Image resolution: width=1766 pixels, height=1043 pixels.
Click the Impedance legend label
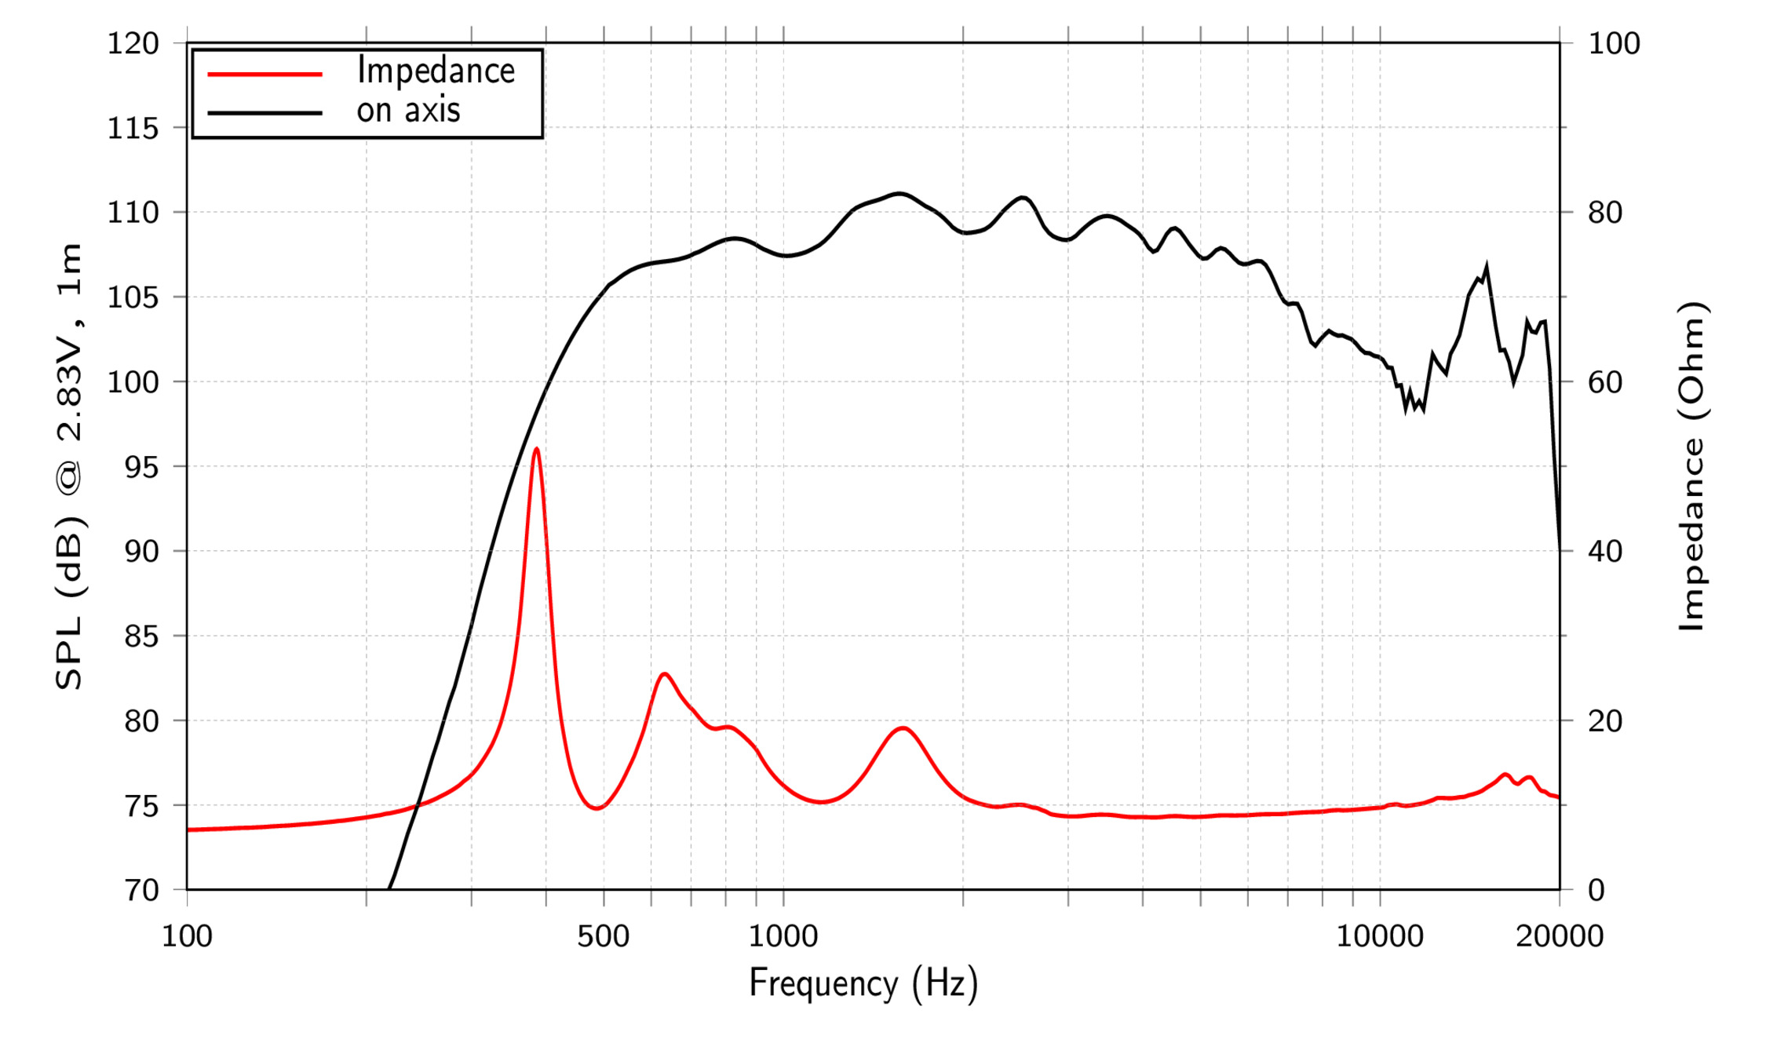pyautogui.click(x=436, y=71)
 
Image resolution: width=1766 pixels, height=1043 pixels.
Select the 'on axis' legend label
pyautogui.click(x=408, y=110)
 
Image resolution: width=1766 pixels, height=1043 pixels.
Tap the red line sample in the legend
pyautogui.click(x=265, y=74)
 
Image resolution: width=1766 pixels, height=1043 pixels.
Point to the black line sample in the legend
pyautogui.click(x=265, y=113)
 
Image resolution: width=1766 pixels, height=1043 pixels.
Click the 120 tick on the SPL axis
pyautogui.click(x=133, y=44)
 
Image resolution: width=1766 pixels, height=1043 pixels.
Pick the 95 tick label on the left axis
pyautogui.click(x=142, y=467)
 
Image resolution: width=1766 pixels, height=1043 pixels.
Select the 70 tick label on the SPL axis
pyautogui.click(x=142, y=890)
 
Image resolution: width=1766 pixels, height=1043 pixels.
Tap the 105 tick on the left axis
pyautogui.click(x=133, y=297)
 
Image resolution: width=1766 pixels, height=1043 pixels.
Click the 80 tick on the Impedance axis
pyautogui.click(x=1605, y=213)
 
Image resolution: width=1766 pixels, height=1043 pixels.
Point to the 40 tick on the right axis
pyautogui.click(x=1605, y=551)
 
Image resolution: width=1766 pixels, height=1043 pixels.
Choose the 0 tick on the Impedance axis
pyautogui.click(x=1596, y=890)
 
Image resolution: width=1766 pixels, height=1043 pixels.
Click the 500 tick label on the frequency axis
pyautogui.click(x=603, y=936)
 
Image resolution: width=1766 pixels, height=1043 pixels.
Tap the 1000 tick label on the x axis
pyautogui.click(x=783, y=936)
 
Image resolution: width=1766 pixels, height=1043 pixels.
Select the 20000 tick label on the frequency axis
pyautogui.click(x=1559, y=936)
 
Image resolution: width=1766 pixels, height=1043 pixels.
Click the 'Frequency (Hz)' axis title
pyautogui.click(x=863, y=983)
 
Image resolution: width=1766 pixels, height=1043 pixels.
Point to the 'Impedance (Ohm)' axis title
pyautogui.click(x=1693, y=466)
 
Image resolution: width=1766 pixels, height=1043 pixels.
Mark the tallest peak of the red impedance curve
pyautogui.click(x=536, y=449)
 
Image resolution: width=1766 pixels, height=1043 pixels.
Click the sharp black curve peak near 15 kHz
pyautogui.click(x=1486, y=265)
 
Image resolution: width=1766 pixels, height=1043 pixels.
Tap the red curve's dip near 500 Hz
pyautogui.click(x=597, y=808)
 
